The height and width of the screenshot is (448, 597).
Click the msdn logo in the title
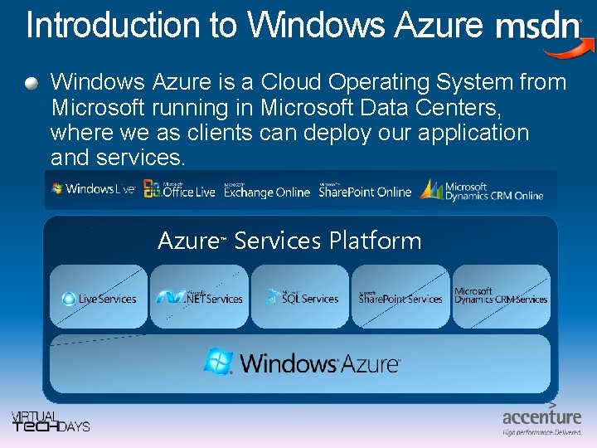pyautogui.click(x=538, y=30)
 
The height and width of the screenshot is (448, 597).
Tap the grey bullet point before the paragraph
pyautogui.click(x=31, y=83)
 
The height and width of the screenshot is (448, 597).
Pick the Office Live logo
pyautogui.click(x=179, y=190)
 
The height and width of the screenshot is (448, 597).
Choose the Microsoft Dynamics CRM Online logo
pyautogui.click(x=482, y=190)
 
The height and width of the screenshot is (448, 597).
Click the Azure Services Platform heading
pyautogui.click(x=289, y=241)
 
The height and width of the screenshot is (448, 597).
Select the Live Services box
pyautogui.click(x=99, y=296)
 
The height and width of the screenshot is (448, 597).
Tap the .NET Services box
pyautogui.click(x=199, y=296)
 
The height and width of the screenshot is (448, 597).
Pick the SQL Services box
pyautogui.click(x=300, y=296)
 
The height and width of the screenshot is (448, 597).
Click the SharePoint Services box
pyautogui.click(x=400, y=296)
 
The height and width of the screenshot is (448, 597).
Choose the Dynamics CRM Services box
pyautogui.click(x=501, y=296)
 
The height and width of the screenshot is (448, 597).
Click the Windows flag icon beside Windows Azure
pyautogui.click(x=219, y=362)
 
